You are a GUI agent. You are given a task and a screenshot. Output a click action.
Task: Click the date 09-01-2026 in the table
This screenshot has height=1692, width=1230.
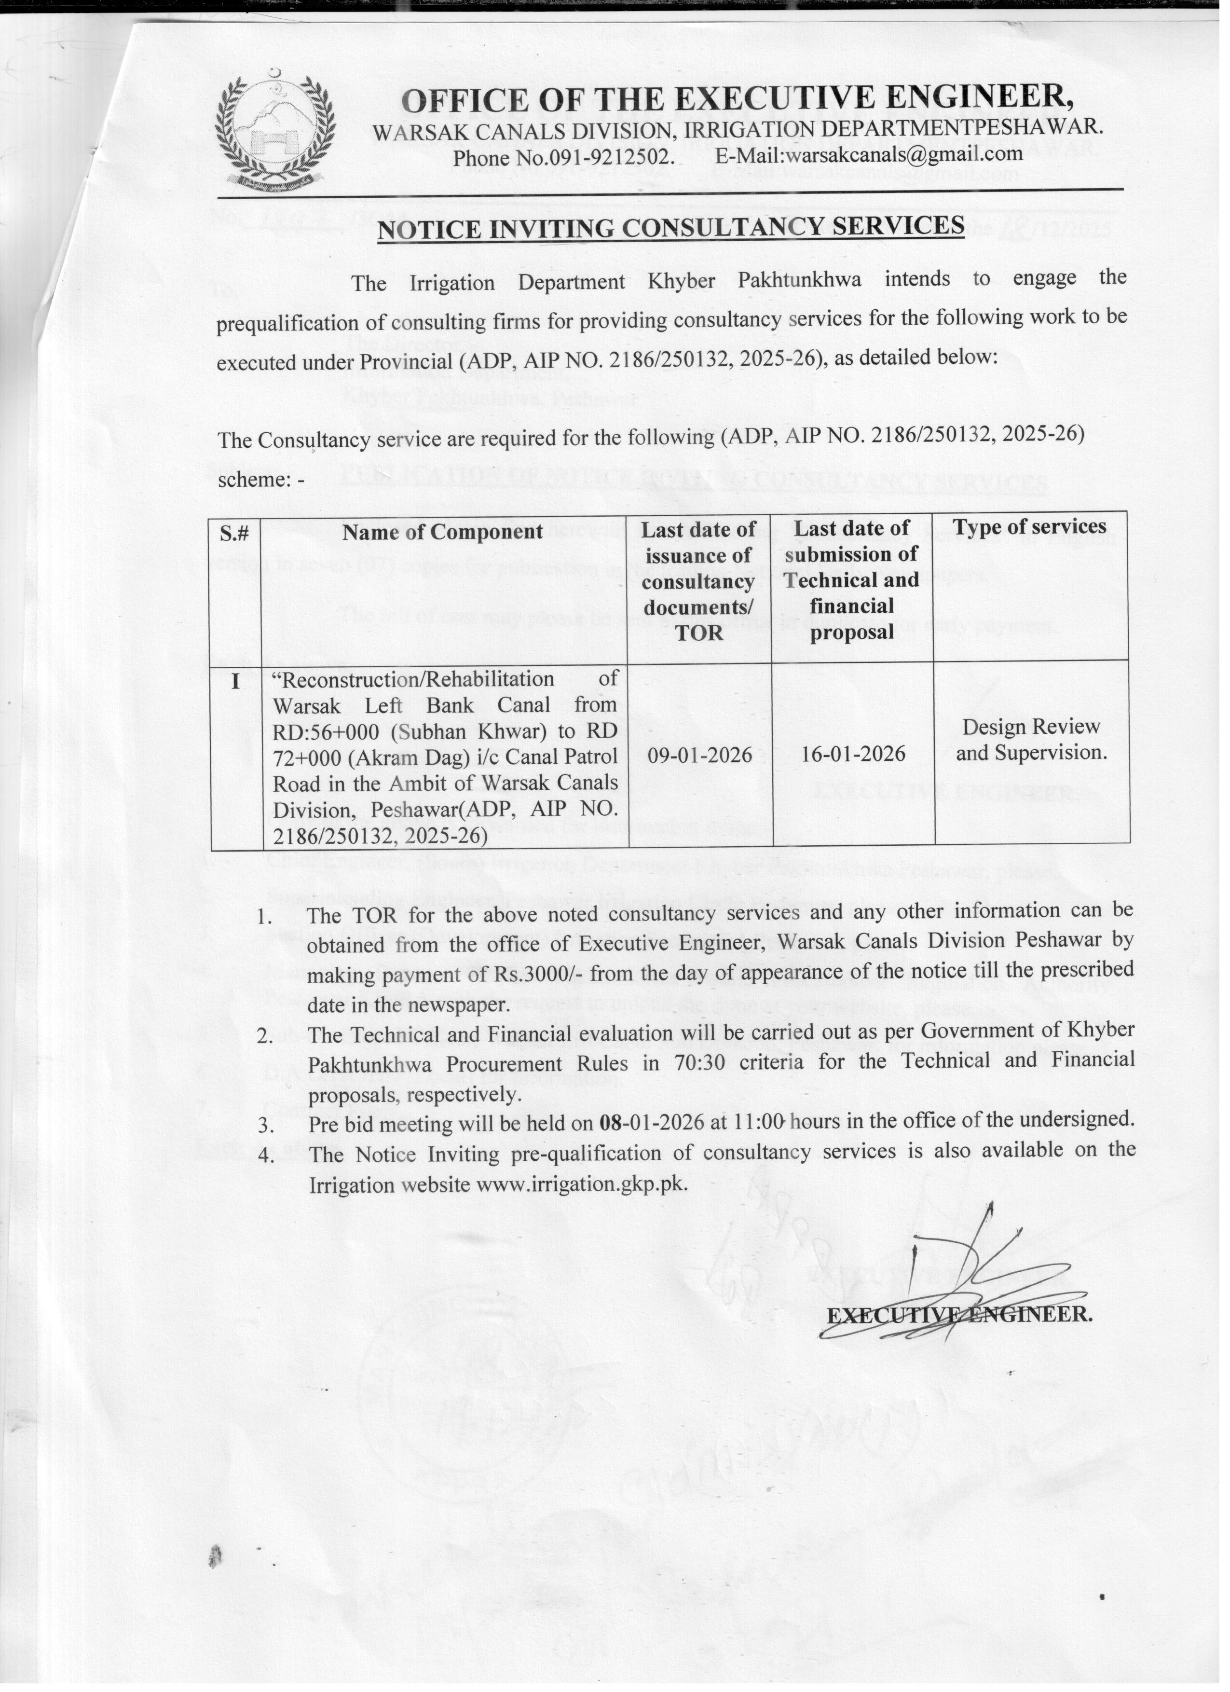(x=700, y=755)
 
